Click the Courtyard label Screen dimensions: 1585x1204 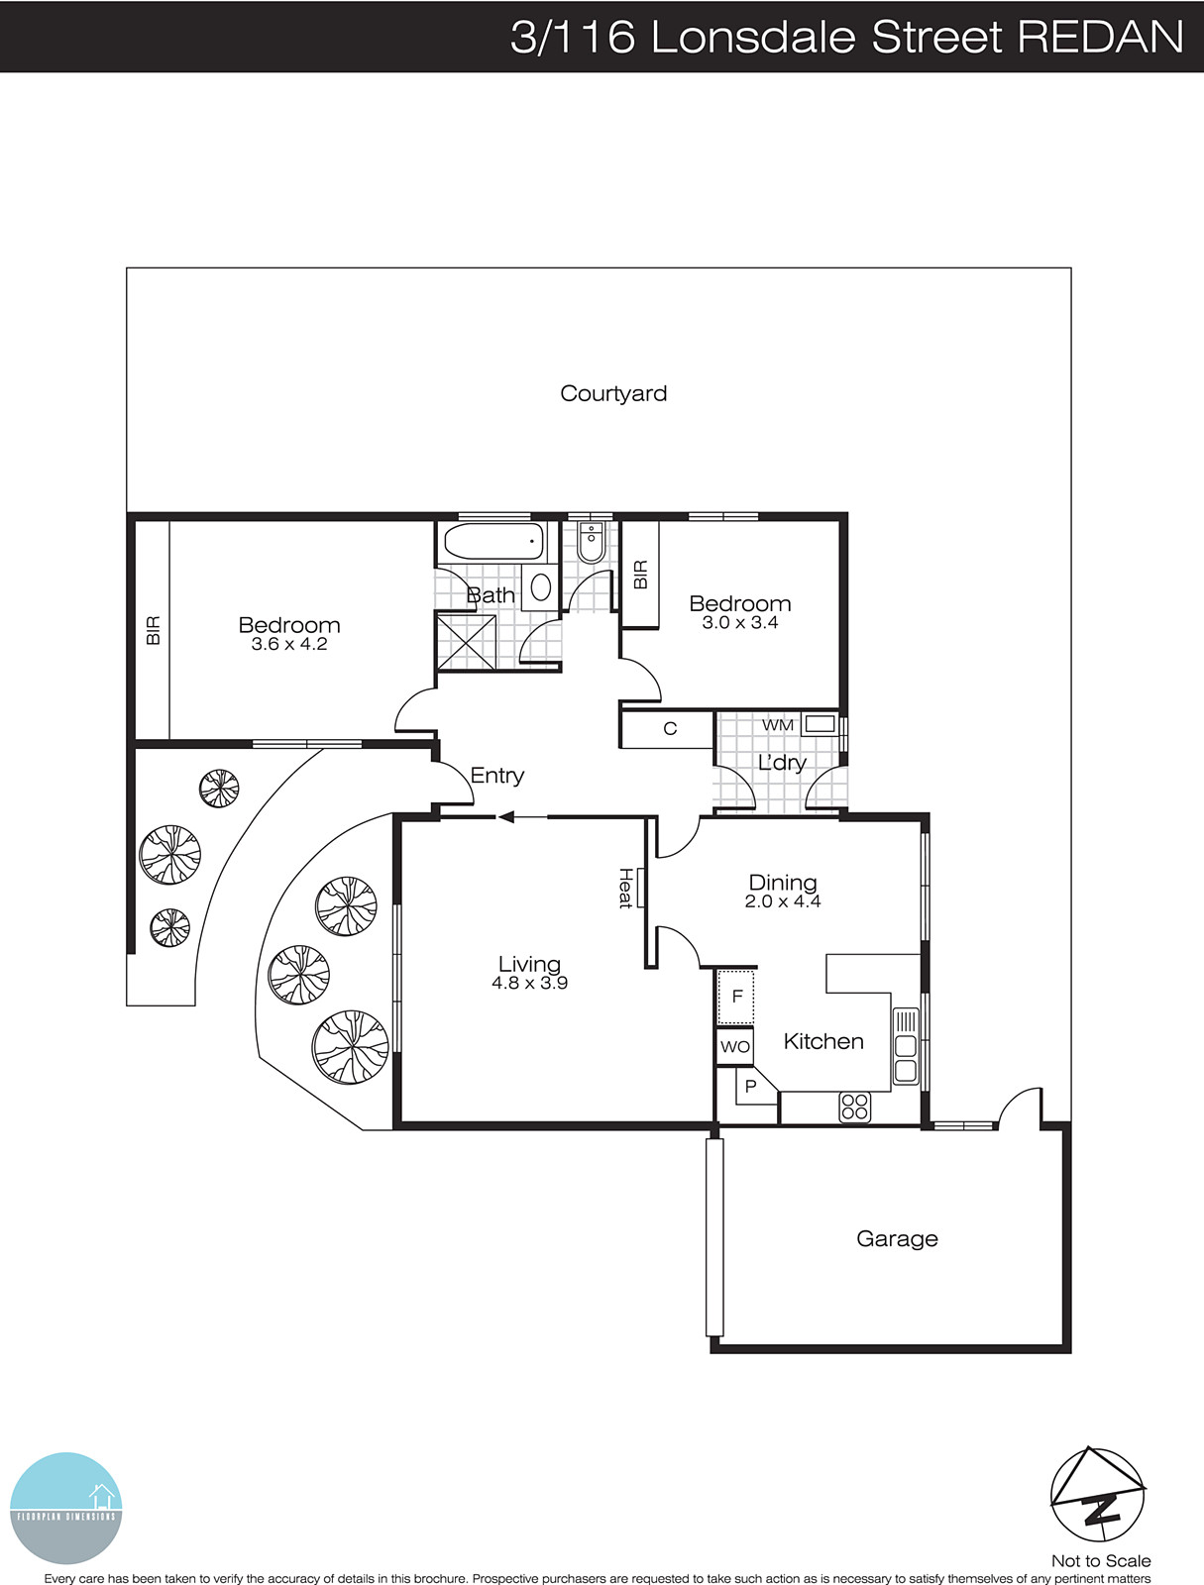[x=613, y=393]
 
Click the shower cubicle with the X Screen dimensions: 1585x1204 [x=466, y=642]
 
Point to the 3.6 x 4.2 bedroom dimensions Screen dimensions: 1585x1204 [x=289, y=644]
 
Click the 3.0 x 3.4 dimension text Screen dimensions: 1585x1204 [x=740, y=623]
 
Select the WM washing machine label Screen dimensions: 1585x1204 [x=778, y=725]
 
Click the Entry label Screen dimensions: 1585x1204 [x=497, y=776]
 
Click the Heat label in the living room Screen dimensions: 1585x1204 [x=626, y=888]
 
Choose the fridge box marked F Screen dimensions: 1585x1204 [x=736, y=997]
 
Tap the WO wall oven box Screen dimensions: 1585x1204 [x=735, y=1047]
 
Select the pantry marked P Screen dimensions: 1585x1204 [x=750, y=1087]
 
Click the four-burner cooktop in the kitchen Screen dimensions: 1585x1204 [x=854, y=1107]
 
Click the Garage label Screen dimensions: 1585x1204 [x=897, y=1239]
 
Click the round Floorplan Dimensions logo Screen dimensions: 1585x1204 [x=66, y=1508]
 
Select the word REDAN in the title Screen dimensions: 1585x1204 [x=1100, y=37]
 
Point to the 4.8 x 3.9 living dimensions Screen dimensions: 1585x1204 [x=529, y=984]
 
